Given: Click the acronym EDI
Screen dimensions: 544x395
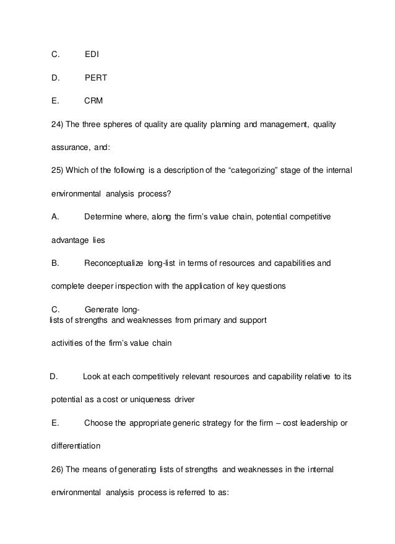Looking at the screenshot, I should pyautogui.click(x=92, y=55).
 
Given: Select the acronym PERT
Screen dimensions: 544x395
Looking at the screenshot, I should pyautogui.click(x=95, y=78).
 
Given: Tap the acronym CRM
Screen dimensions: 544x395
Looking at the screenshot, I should pyautogui.click(x=93, y=102).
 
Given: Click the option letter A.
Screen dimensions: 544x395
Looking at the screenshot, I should pyautogui.click(x=54, y=217).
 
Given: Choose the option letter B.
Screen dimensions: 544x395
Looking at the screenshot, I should pyautogui.click(x=54, y=263).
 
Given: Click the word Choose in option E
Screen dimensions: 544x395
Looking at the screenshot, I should pyautogui.click(x=98, y=423).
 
